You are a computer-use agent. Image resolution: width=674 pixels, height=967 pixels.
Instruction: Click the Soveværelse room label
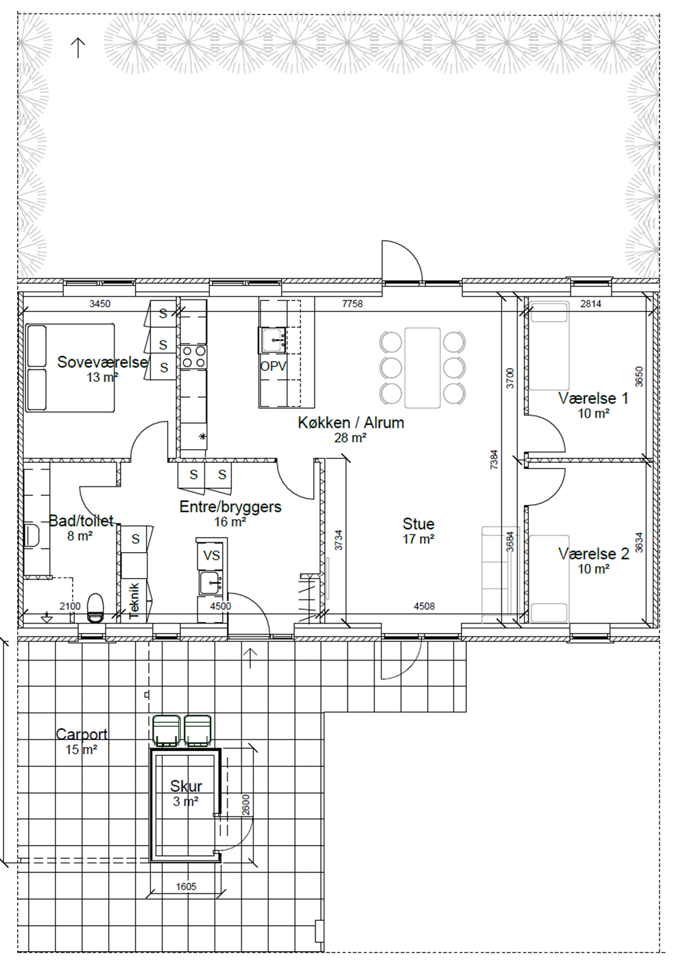point(103,361)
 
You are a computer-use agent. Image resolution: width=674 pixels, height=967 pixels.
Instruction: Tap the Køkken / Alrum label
point(351,422)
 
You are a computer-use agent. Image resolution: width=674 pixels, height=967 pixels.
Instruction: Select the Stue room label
point(418,524)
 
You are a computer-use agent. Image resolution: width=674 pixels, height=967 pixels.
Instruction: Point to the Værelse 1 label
point(593,398)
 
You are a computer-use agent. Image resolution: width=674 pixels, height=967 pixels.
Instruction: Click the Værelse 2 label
point(594,553)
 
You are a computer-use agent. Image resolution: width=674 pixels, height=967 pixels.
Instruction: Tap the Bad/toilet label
point(81,521)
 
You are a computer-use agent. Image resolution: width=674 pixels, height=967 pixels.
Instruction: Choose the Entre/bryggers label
point(230,506)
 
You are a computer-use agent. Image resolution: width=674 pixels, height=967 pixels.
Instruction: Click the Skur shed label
point(186,786)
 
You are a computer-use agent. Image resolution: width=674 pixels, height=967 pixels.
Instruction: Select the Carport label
point(82,734)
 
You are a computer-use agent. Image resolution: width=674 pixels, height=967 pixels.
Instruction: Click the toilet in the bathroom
point(95,608)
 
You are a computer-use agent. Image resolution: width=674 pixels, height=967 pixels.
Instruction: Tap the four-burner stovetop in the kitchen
point(194,357)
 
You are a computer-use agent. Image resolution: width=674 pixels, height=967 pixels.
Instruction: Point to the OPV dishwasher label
point(273,366)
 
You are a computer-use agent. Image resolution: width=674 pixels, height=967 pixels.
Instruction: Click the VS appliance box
point(211,555)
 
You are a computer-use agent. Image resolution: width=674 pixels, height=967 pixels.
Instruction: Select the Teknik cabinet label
point(134,601)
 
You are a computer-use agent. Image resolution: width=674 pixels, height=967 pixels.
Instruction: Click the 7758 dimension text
point(352,304)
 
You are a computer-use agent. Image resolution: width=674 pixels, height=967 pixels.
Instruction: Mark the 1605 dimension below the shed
point(186,886)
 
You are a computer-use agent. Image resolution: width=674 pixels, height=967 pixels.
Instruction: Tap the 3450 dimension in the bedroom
point(99,304)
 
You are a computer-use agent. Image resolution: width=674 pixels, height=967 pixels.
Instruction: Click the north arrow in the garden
point(77,47)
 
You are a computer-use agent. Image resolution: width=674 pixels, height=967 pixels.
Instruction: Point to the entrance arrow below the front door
point(250,658)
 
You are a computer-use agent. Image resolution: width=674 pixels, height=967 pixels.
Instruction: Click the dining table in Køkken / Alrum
point(422,368)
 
